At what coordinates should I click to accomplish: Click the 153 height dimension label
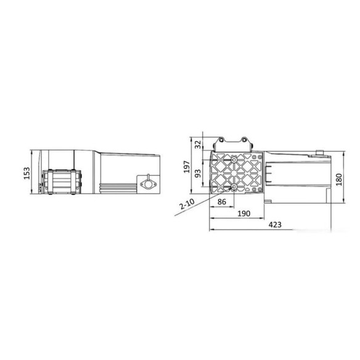(27, 173)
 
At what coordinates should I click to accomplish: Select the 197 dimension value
(187, 166)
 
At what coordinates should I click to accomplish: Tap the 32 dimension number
(198, 144)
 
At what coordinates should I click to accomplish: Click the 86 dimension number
(222, 202)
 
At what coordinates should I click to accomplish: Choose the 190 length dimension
(243, 213)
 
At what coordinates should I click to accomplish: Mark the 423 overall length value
(275, 224)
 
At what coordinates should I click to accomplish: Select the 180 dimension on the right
(339, 179)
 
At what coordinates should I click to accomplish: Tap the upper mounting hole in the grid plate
(234, 160)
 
